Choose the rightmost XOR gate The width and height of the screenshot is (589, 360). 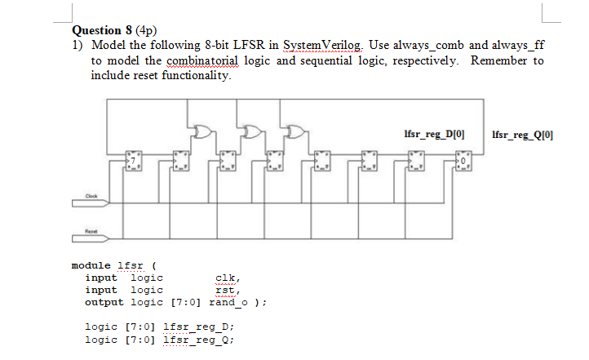294,131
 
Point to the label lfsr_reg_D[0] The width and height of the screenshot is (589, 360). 435,133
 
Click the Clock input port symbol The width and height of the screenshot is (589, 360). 95,196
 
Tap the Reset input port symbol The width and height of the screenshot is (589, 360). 95,231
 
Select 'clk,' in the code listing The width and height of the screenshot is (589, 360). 228,278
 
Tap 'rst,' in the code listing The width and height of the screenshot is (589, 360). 228,290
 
